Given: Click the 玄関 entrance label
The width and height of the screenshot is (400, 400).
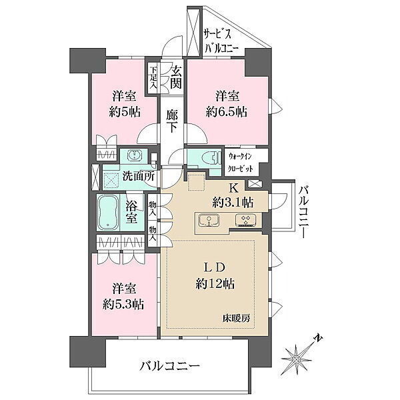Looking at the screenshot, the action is click(x=176, y=77).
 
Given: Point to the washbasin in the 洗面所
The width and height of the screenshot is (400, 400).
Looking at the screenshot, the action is click(x=133, y=155).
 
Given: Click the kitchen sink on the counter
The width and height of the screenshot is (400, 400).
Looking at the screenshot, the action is click(x=209, y=220).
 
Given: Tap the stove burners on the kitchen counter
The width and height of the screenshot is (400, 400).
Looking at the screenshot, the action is click(x=245, y=220).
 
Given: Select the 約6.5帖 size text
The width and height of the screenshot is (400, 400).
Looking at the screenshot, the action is click(x=227, y=112).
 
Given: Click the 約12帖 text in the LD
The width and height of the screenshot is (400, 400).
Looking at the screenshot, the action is click(x=215, y=283).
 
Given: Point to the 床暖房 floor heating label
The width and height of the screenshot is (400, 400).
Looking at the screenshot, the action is click(x=237, y=318).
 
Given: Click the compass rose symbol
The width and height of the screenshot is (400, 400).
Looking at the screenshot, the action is click(x=297, y=359).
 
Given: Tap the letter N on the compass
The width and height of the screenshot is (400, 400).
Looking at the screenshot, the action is click(x=318, y=338).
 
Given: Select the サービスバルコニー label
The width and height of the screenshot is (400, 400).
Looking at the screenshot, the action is click(x=221, y=40).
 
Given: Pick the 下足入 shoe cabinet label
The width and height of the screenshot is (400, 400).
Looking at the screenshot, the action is click(x=153, y=77).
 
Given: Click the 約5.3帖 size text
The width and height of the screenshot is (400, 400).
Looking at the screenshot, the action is click(x=123, y=305).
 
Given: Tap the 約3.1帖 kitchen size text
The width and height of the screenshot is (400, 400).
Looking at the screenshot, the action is click(x=233, y=203).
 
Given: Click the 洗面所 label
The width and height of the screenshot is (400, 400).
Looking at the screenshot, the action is click(x=139, y=176).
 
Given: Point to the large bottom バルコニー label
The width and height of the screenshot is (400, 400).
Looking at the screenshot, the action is click(x=169, y=366).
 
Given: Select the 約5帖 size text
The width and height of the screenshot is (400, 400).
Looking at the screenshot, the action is click(x=125, y=112).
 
